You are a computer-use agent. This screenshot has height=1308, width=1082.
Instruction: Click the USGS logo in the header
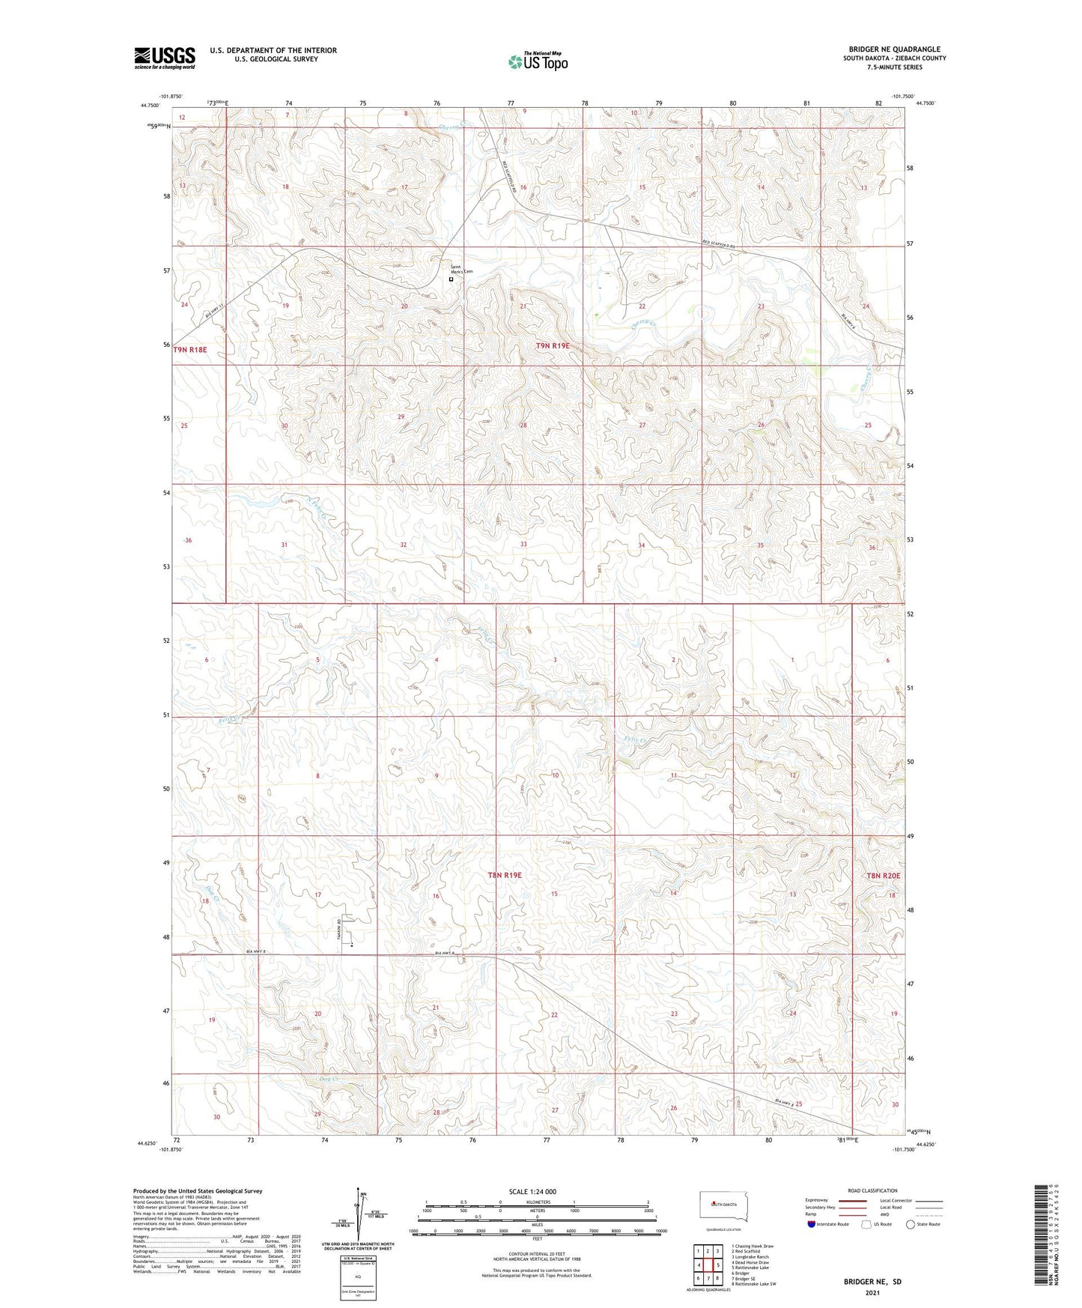point(165,57)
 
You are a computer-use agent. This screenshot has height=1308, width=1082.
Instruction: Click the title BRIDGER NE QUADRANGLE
point(894,49)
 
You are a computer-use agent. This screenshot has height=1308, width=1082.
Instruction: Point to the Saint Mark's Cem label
point(460,269)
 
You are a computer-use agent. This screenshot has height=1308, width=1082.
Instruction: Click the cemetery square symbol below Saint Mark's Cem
point(451,279)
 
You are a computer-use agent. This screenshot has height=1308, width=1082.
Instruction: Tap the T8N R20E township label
point(883,875)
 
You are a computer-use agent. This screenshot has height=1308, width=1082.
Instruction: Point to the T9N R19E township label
point(553,345)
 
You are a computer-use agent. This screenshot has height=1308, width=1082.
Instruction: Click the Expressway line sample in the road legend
point(852,1200)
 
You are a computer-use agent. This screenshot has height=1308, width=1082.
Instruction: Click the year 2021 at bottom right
point(872,1292)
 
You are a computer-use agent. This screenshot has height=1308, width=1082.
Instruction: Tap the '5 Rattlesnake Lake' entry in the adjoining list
point(753,1268)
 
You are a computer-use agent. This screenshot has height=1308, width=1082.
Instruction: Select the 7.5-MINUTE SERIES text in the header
point(894,67)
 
